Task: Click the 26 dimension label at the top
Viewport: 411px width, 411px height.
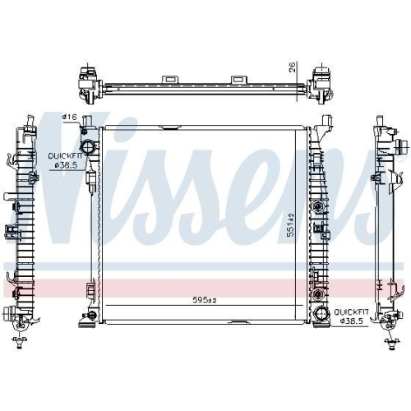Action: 293,67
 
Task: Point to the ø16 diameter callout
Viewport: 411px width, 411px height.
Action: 69,118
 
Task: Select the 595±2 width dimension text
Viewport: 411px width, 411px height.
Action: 205,300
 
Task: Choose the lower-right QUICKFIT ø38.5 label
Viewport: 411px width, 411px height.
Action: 351,316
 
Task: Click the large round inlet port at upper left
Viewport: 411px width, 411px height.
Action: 88,147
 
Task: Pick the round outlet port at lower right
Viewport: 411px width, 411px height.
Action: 321,313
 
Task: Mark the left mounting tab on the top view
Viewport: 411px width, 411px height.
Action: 170,79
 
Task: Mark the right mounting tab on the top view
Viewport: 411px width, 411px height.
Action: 240,79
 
